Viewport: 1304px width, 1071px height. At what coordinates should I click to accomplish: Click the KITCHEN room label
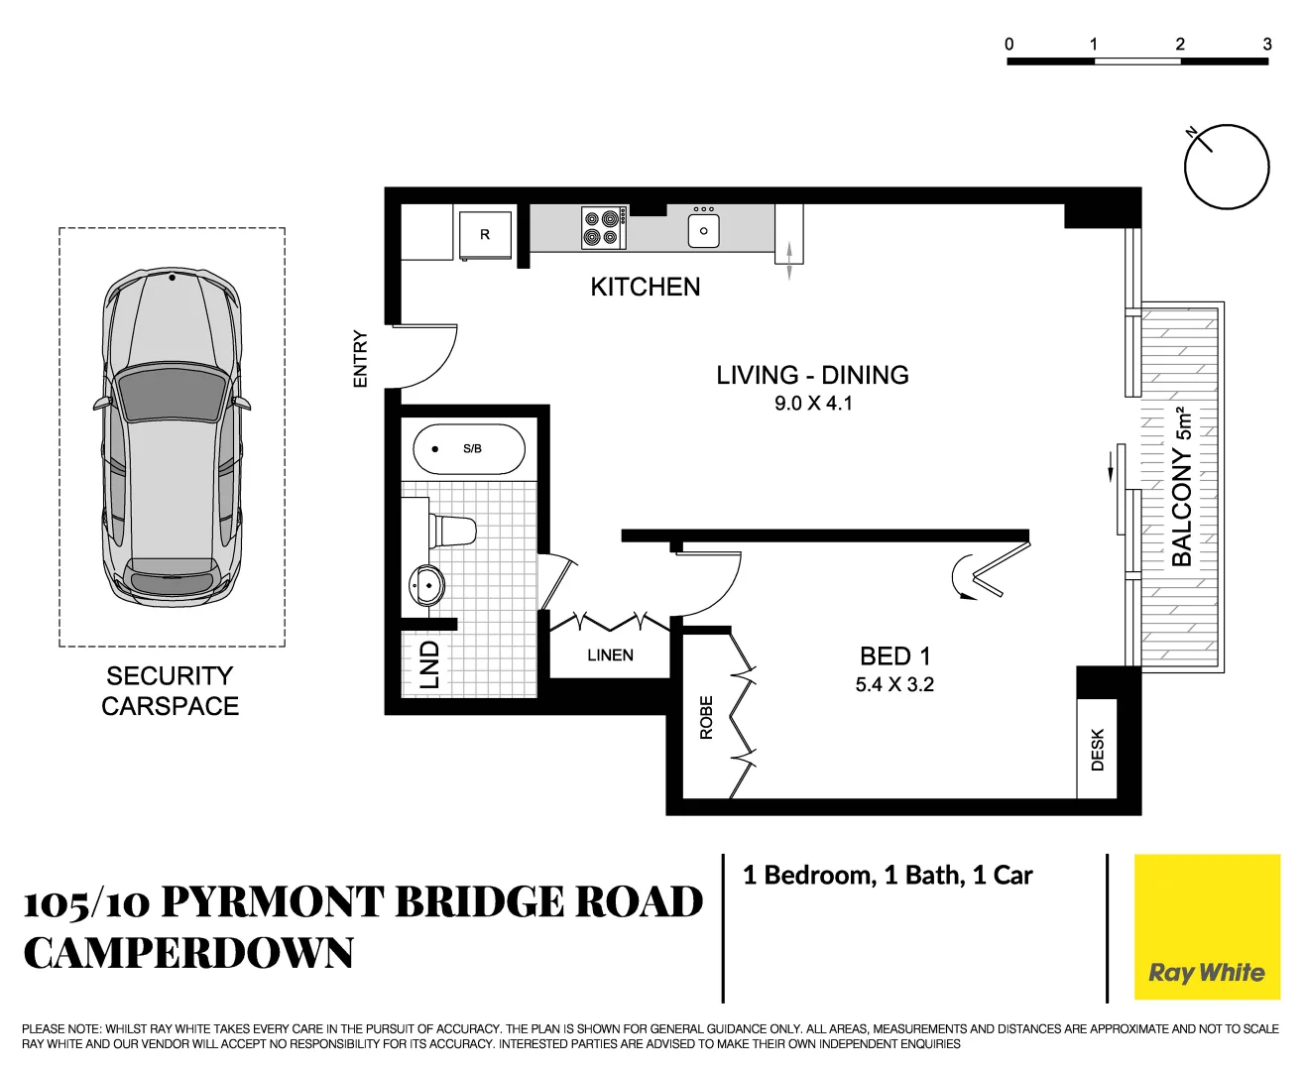click(x=645, y=287)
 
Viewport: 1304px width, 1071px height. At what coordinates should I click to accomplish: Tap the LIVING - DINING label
click(x=812, y=375)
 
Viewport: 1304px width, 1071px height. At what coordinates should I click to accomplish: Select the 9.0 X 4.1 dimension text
click(x=812, y=404)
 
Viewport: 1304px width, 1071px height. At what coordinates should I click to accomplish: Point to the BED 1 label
click(x=894, y=656)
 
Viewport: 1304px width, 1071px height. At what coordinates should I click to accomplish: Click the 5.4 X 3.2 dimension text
click(x=894, y=684)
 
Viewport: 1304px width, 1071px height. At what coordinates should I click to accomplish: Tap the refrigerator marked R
click(x=485, y=235)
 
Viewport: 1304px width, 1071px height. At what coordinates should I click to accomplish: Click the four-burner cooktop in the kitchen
click(x=603, y=228)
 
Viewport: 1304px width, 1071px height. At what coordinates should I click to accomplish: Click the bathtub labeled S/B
click(x=469, y=449)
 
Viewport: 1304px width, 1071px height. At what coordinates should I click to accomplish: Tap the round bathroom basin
click(x=427, y=585)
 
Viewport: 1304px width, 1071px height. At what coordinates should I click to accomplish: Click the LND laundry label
click(x=429, y=664)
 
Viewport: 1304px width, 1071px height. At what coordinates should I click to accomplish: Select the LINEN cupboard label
click(x=610, y=655)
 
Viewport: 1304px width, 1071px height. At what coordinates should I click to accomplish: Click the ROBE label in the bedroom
click(x=706, y=717)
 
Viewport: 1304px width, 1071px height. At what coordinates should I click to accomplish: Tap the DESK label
click(x=1097, y=750)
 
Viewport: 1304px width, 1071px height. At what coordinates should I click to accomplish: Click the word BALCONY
click(x=1181, y=507)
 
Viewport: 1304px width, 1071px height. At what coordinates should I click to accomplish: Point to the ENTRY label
click(x=360, y=358)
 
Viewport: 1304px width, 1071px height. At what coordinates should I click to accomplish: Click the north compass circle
click(x=1227, y=167)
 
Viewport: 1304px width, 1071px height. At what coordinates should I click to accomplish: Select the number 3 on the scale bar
click(x=1266, y=44)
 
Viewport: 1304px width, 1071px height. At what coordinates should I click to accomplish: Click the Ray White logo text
click(x=1206, y=972)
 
